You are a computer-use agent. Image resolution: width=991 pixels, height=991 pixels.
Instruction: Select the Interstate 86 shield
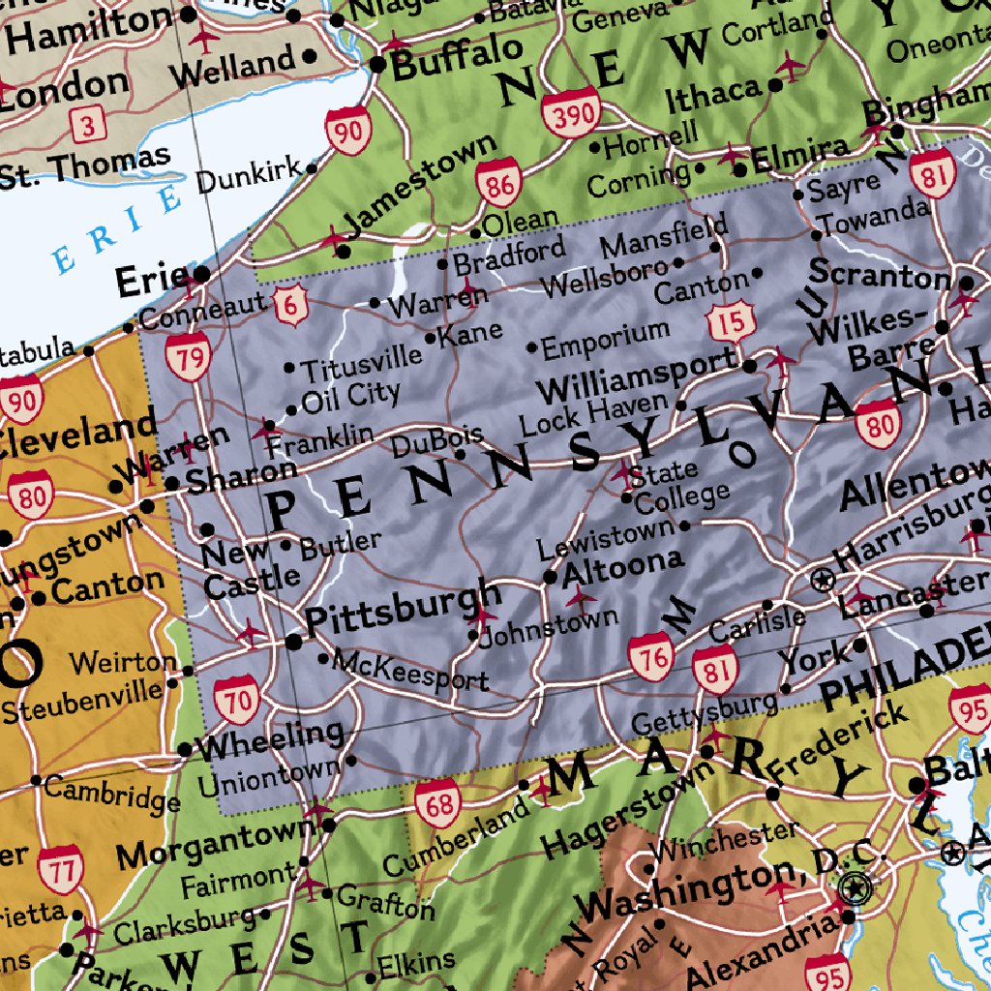[x=499, y=182]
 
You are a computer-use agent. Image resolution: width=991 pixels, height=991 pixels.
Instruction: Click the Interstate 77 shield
[x=62, y=868]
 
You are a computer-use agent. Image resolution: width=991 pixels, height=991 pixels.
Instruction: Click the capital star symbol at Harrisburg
[x=823, y=581]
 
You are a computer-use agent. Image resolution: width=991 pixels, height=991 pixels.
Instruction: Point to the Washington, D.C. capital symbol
[x=856, y=886]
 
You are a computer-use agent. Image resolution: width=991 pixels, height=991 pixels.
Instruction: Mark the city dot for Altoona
[x=550, y=578]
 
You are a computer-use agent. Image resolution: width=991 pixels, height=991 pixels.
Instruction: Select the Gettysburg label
[x=704, y=714]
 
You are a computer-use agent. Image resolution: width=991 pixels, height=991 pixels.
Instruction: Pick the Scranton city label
[x=879, y=274]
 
